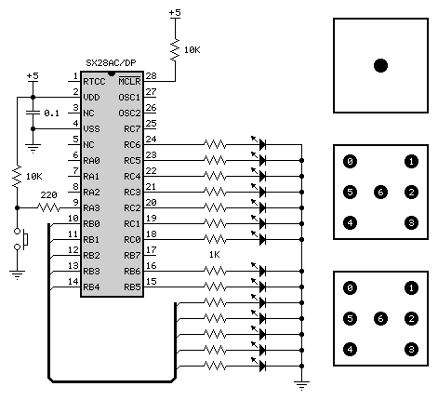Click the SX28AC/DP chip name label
click(111, 63)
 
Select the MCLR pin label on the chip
click(129, 81)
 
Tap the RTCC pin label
click(94, 82)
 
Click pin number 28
click(151, 76)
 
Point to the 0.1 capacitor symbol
click(33, 113)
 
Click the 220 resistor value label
click(48, 195)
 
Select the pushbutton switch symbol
click(21, 239)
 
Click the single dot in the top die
click(380, 65)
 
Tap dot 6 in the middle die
click(380, 192)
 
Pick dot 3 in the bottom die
click(411, 349)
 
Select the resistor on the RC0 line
click(215, 239)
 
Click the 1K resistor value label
click(214, 255)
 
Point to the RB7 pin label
click(132, 256)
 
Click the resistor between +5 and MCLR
click(175, 49)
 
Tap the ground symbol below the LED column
click(301, 385)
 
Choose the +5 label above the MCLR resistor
click(175, 13)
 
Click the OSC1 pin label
click(129, 98)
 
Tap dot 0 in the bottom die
click(350, 287)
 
